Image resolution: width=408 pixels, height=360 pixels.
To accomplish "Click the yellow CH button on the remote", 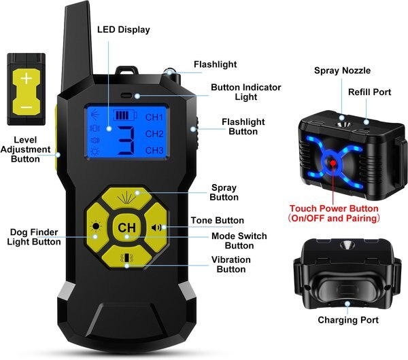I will [126, 228].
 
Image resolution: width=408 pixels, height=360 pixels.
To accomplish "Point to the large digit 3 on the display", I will [124, 141].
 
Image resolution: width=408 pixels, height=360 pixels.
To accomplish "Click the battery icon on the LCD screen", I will [125, 115].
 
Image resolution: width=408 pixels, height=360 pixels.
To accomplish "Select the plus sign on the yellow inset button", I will [26, 79].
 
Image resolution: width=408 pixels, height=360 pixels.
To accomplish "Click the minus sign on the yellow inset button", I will [26, 107].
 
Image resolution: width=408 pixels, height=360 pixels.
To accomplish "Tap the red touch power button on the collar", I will [334, 164].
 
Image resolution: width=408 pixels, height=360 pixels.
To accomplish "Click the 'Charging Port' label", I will [347, 320].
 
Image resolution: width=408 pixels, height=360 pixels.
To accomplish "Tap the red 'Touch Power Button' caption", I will [333, 209].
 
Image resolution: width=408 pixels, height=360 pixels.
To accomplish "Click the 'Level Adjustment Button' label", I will [26, 149].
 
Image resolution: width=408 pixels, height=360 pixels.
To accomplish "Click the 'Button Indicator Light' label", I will [245, 92].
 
